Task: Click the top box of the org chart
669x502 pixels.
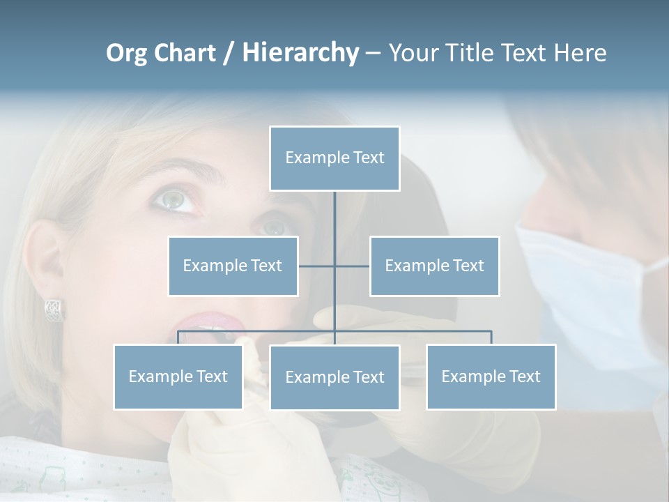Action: (x=334, y=158)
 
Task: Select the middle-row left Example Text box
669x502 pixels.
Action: (x=233, y=266)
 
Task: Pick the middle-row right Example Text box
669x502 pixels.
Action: (x=434, y=266)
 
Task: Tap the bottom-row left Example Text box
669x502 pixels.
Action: (x=178, y=376)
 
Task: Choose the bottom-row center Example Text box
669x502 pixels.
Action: (x=334, y=377)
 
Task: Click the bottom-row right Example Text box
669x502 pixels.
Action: (x=491, y=376)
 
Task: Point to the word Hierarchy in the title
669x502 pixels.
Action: (x=300, y=53)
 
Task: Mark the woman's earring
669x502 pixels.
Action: (x=54, y=309)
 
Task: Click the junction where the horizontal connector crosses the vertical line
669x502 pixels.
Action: (x=334, y=266)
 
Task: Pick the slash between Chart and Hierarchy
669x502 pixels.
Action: (x=229, y=53)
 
